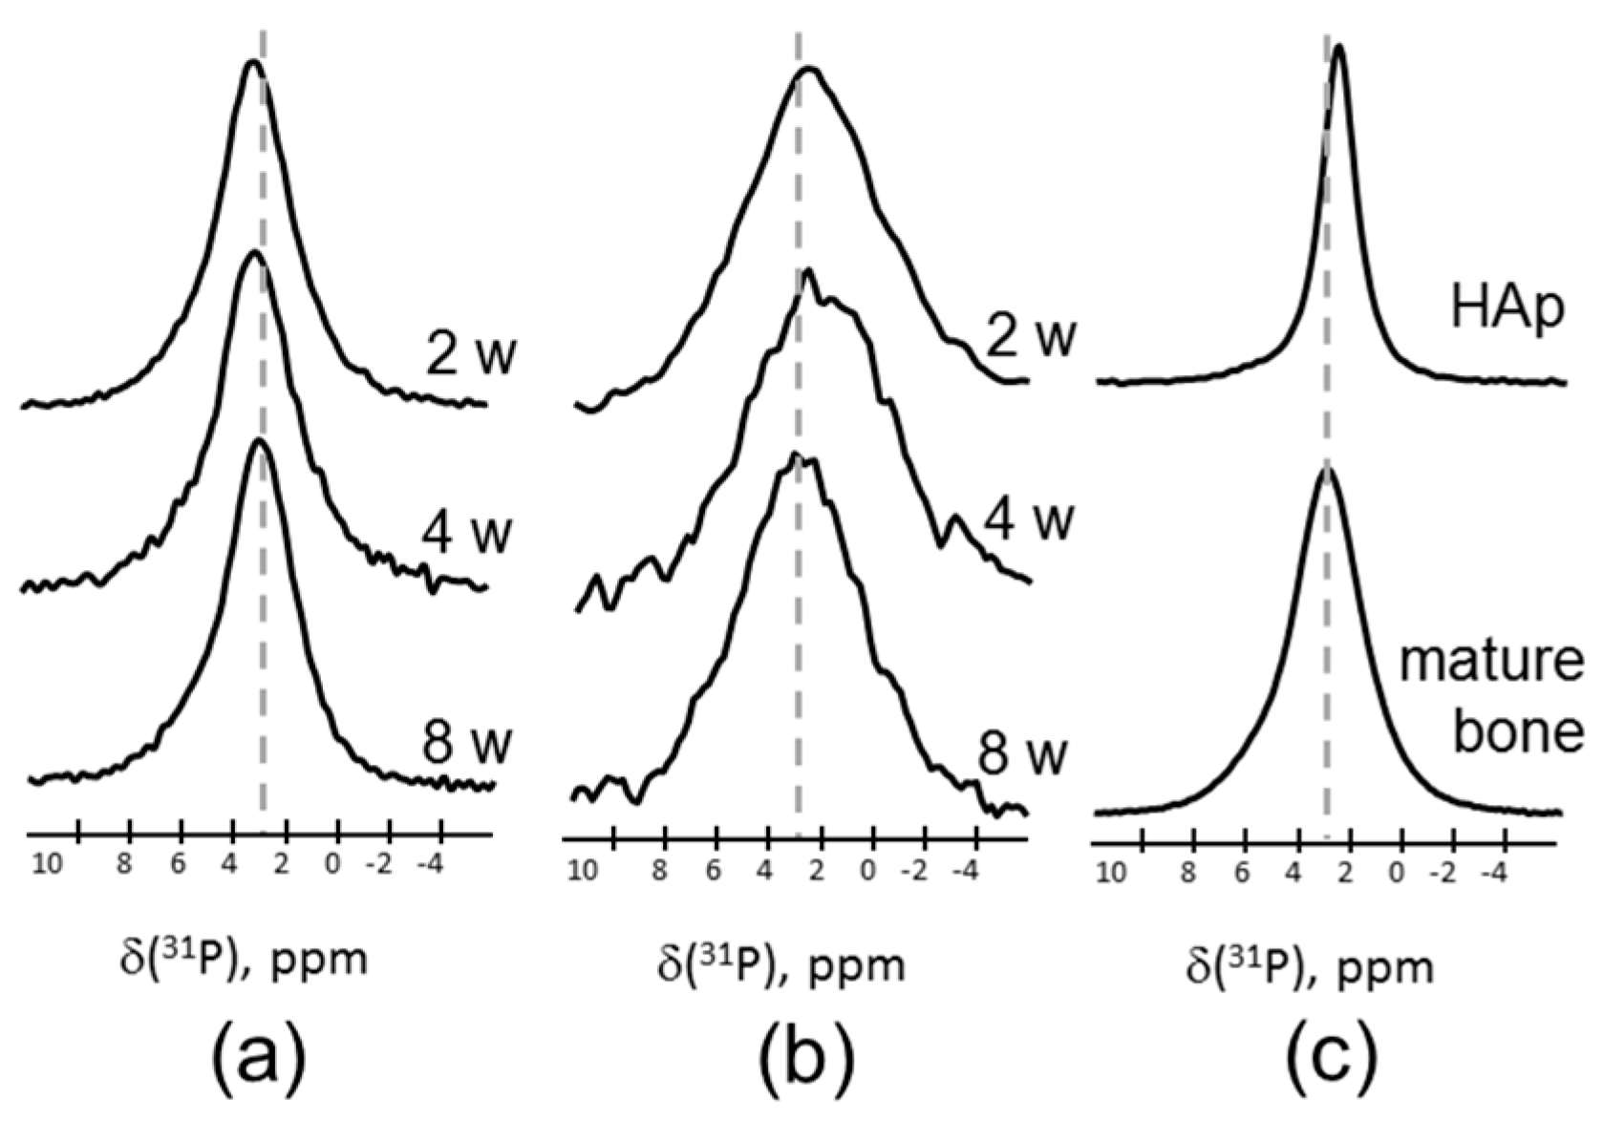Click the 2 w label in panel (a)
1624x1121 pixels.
(x=471, y=354)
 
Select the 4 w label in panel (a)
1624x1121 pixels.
(x=467, y=531)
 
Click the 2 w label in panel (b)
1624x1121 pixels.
(x=1031, y=336)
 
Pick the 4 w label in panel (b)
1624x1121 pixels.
(x=1029, y=519)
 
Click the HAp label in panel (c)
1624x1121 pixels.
(x=1507, y=308)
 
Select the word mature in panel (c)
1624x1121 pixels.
(x=1491, y=662)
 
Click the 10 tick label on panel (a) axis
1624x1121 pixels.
(x=47, y=865)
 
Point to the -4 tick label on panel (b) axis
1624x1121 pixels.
(x=966, y=871)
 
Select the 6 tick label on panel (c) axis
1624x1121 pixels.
(x=1241, y=872)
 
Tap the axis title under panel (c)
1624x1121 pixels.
(x=1310, y=966)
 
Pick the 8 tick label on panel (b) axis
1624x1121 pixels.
(x=660, y=871)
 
